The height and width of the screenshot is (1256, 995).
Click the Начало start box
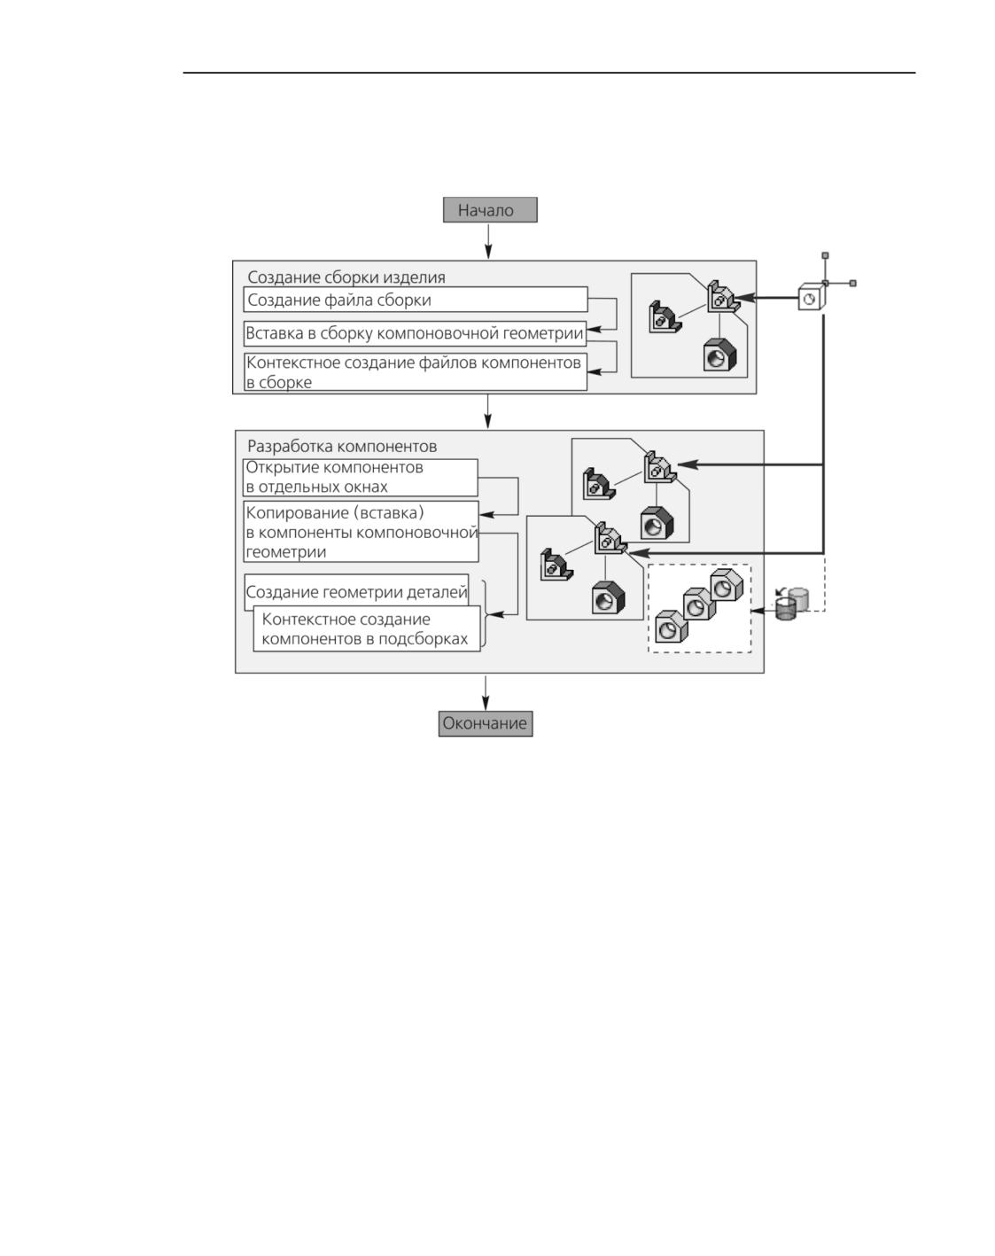point(490,209)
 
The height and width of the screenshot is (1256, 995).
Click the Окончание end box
point(486,723)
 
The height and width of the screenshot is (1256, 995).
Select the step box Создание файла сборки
point(416,300)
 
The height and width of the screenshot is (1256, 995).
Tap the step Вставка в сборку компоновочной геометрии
point(415,333)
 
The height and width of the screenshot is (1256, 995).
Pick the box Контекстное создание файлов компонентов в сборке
point(416,371)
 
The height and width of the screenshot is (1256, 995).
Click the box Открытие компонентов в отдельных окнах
point(361,478)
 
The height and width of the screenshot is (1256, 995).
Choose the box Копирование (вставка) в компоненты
point(361,531)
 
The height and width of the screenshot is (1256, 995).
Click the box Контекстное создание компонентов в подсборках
point(367,628)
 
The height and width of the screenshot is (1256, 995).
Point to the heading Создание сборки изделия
point(346,277)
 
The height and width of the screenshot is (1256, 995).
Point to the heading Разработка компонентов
point(342,447)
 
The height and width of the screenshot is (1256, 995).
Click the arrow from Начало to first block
point(488,241)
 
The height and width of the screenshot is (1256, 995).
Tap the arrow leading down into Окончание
point(486,693)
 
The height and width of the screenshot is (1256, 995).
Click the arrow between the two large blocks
point(488,411)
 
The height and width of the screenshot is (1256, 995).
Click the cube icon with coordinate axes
point(812,296)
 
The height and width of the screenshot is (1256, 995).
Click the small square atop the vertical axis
point(825,255)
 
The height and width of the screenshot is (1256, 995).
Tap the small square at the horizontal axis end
point(853,283)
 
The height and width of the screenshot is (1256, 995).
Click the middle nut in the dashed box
point(698,605)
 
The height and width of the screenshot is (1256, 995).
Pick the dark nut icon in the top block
point(719,355)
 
